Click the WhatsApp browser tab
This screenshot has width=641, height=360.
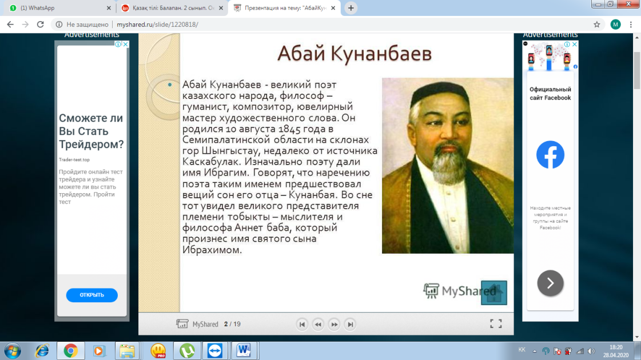[59, 8]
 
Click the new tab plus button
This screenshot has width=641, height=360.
[351, 8]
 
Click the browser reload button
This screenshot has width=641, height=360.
[40, 25]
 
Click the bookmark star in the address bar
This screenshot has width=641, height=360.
[597, 25]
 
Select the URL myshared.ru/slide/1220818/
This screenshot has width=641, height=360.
[157, 25]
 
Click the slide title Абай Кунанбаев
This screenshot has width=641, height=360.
[355, 54]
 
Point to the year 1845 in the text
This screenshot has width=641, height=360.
[289, 129]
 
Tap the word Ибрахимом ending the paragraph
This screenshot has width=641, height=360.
[212, 250]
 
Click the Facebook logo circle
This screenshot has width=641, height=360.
[550, 154]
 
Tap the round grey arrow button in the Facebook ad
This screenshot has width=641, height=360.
[550, 283]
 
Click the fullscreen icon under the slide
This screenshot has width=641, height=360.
[496, 323]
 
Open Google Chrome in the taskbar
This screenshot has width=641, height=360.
[70, 351]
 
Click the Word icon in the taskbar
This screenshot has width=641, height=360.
[244, 350]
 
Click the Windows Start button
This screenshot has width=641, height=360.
[13, 351]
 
